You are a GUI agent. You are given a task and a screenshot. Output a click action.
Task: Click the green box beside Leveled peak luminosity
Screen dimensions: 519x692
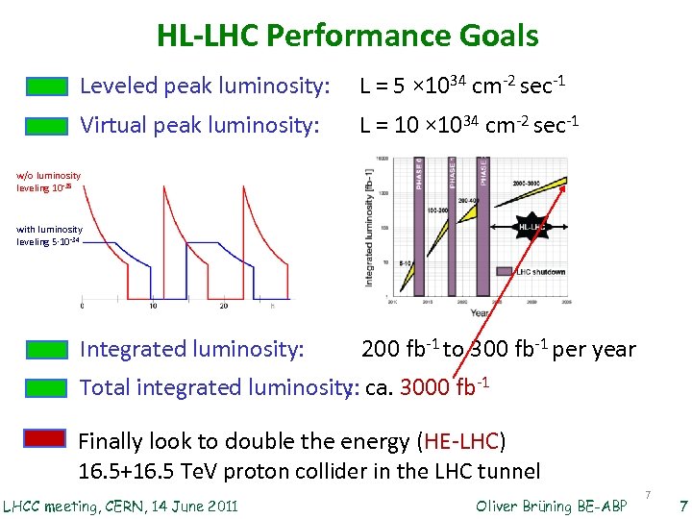click(45, 86)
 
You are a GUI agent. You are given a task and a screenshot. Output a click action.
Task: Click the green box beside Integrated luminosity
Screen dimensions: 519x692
click(45, 349)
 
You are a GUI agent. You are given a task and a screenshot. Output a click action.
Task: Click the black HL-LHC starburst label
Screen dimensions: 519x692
click(532, 228)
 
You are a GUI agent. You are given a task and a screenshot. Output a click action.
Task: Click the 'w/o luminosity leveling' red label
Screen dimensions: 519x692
click(48, 181)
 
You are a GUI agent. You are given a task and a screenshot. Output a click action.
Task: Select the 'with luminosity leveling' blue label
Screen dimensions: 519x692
click(49, 235)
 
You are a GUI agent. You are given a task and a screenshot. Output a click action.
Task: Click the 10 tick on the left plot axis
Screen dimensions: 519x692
click(153, 306)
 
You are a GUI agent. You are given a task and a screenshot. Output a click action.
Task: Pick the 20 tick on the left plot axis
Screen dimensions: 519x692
click(224, 306)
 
